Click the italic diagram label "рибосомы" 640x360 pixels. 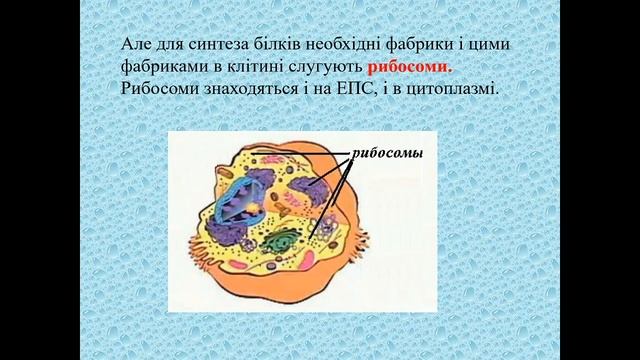point(387,154)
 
